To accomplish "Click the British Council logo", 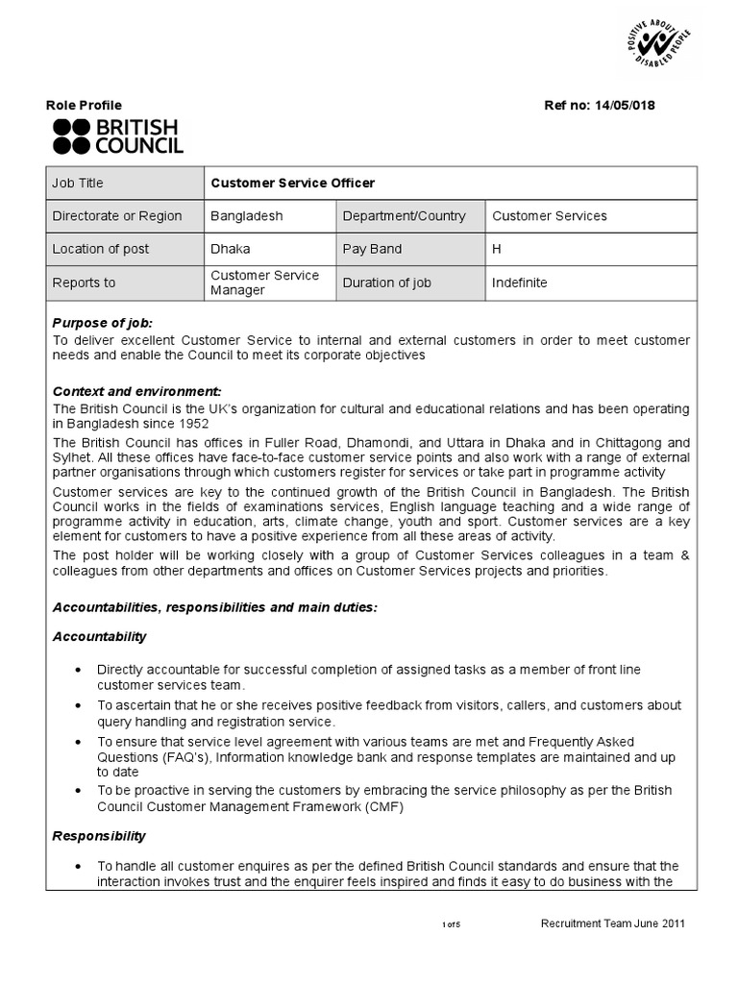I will pyautogui.click(x=117, y=137).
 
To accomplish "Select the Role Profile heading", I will pyautogui.click(x=85, y=106).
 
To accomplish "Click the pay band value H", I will pyautogui.click(x=497, y=249).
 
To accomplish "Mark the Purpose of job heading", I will pyautogui.click(x=103, y=323).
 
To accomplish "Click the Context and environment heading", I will pyautogui.click(x=136, y=391).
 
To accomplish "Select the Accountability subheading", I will pyautogui.click(x=100, y=636).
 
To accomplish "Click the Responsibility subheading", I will pyautogui.click(x=100, y=836).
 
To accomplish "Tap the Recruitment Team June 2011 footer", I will pyautogui.click(x=613, y=923).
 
